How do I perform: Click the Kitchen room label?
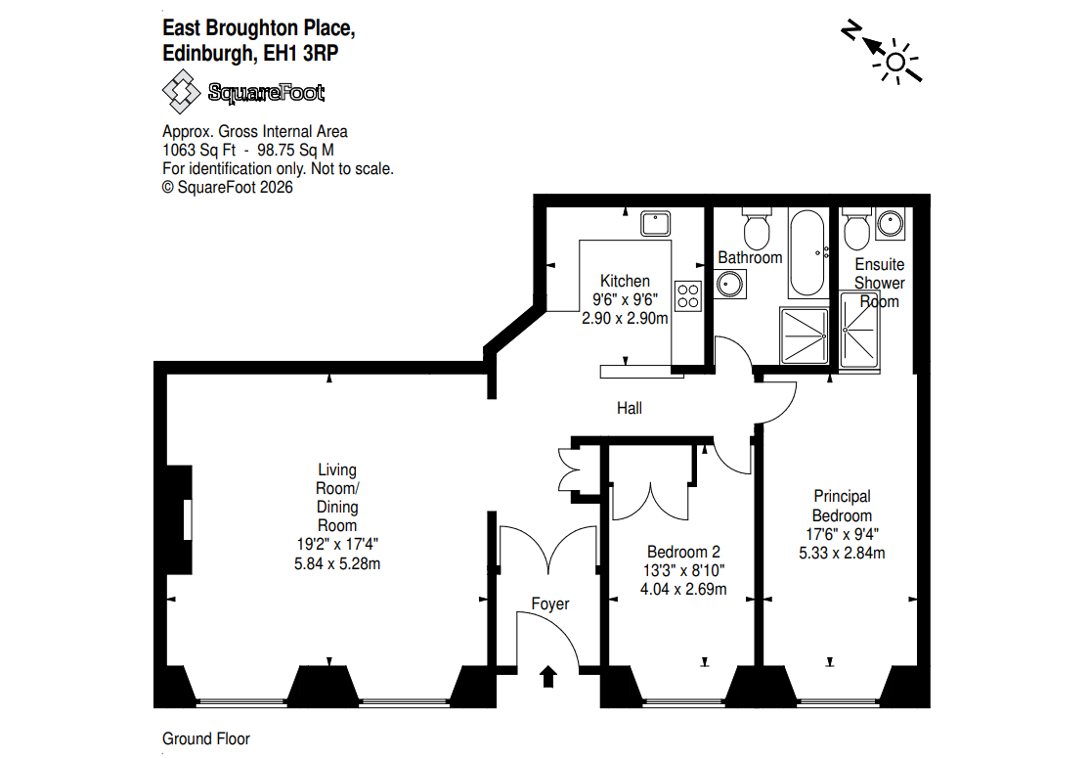(625, 281)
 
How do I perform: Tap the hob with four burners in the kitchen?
(688, 295)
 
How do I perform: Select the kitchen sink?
(656, 223)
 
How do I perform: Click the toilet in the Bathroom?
(757, 228)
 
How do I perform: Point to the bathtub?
(807, 253)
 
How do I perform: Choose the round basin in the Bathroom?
(730, 284)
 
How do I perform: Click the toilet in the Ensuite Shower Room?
(856, 228)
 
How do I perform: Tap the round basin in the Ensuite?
(891, 223)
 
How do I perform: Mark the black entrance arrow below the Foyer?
(548, 677)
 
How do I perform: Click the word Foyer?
(549, 603)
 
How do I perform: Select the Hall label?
(630, 409)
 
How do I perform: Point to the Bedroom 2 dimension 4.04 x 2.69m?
(683, 589)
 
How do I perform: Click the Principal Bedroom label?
(842, 506)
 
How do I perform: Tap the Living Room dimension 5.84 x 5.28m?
(337, 563)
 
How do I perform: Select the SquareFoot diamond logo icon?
(182, 92)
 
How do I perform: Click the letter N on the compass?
(850, 31)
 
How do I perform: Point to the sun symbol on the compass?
(896, 63)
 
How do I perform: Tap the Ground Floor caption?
(205, 738)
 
